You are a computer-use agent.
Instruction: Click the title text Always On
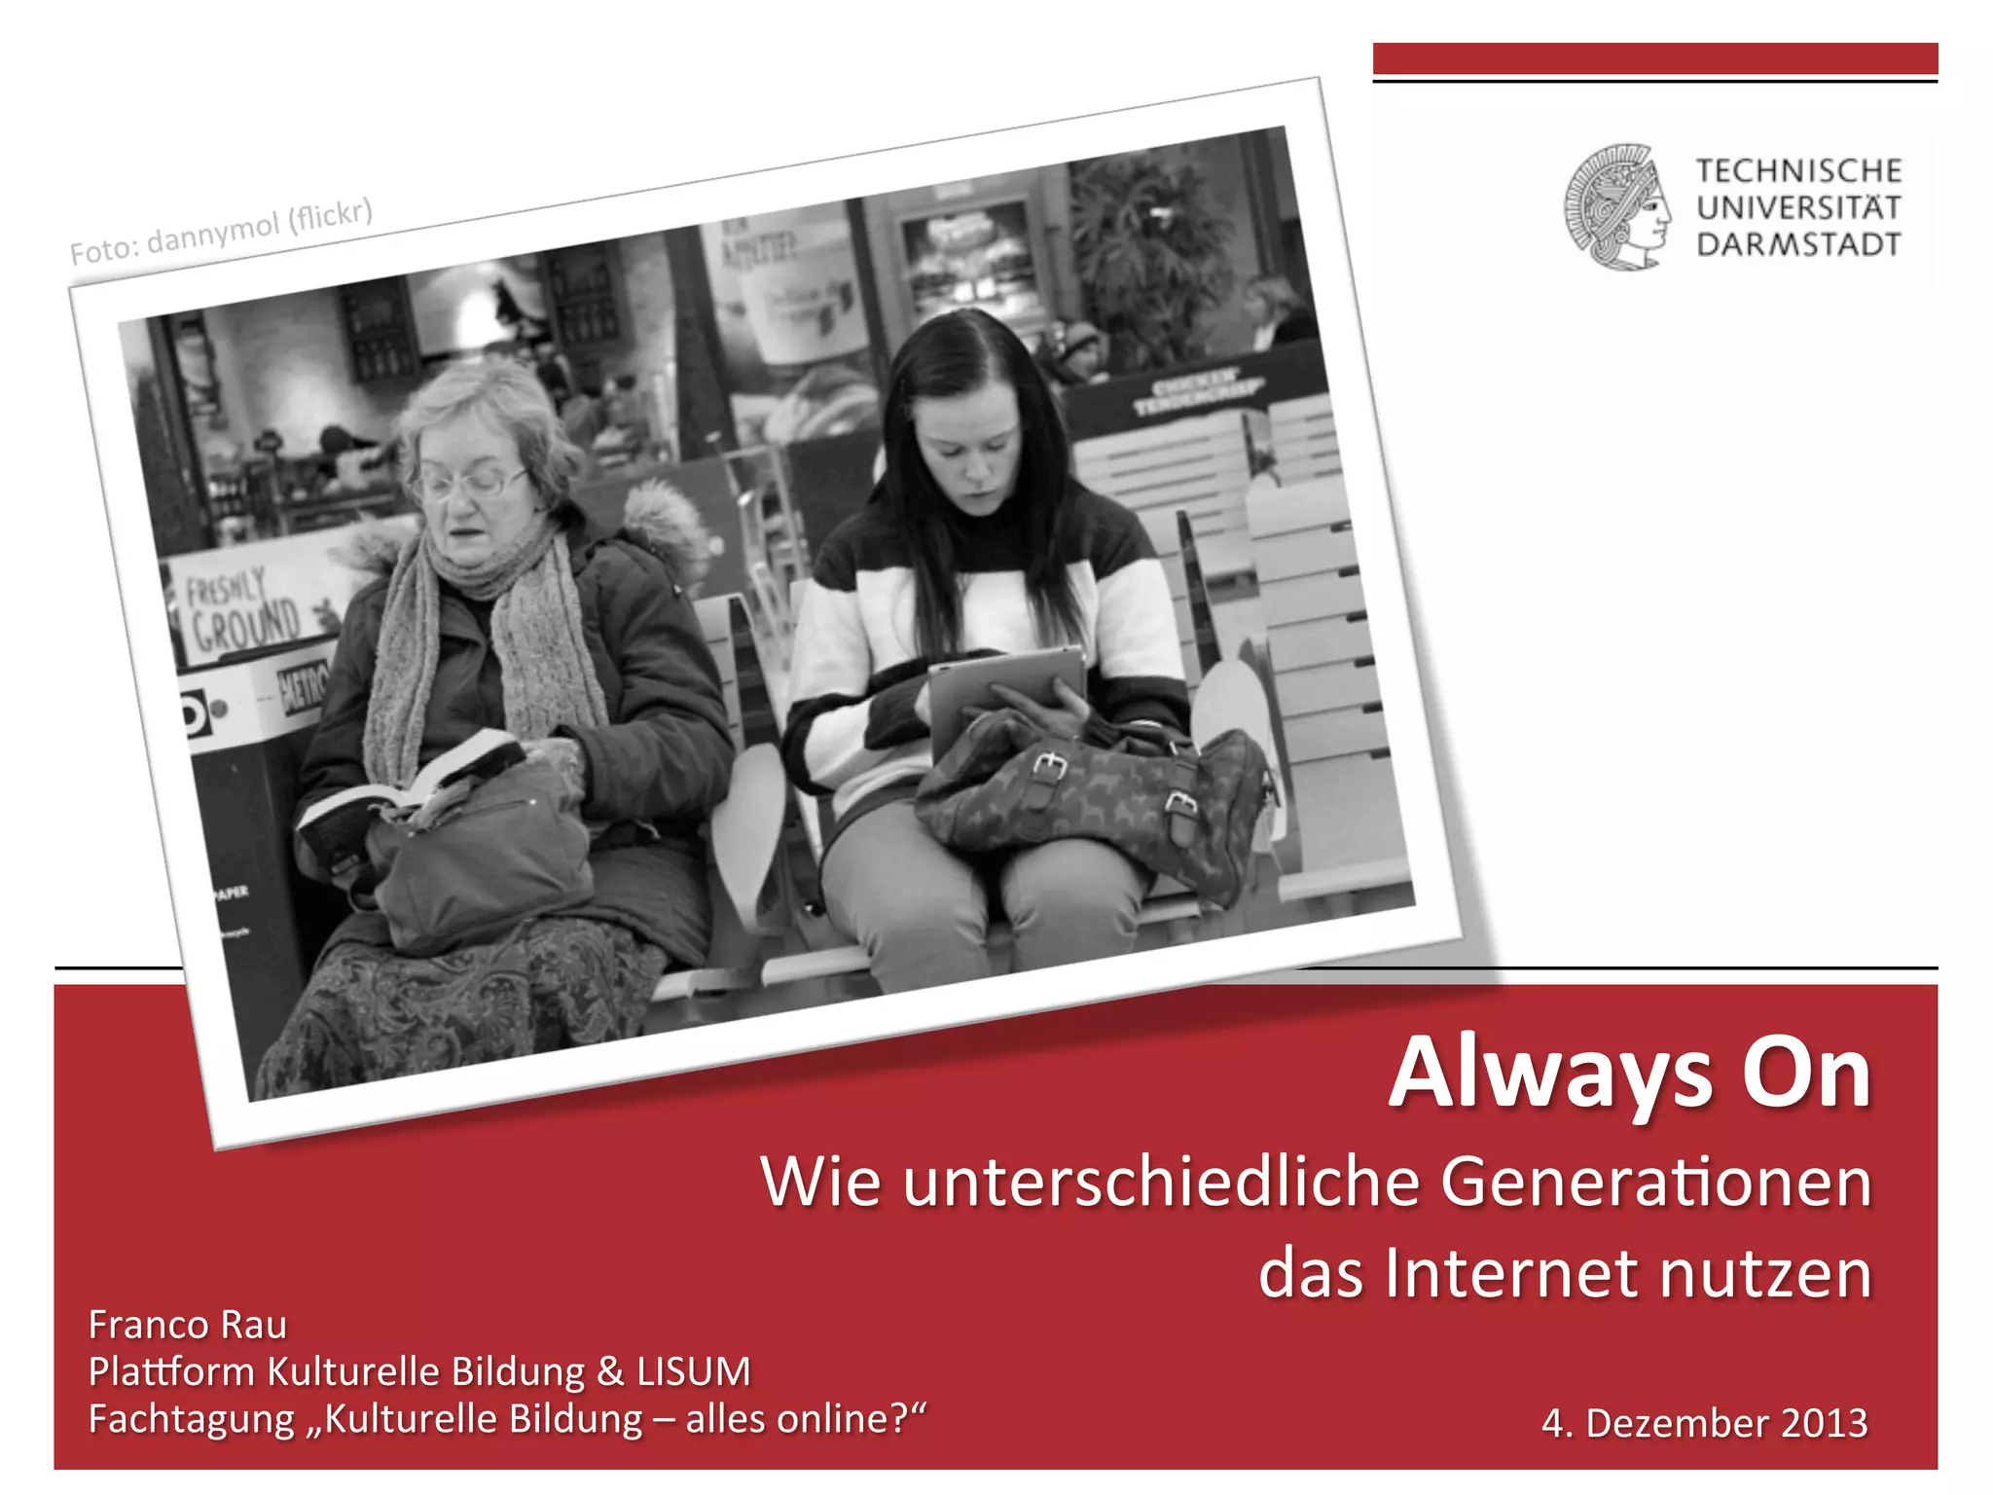click(x=1630, y=1074)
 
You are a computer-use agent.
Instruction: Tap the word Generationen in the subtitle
click(x=1655, y=1183)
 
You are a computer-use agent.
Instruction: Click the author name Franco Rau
click(x=188, y=1325)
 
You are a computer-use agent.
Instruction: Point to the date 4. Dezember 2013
click(x=1704, y=1423)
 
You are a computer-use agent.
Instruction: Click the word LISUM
click(x=694, y=1371)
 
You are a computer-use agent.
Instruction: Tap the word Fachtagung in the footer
click(x=191, y=1419)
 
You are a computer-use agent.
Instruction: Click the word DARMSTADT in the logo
click(x=1798, y=244)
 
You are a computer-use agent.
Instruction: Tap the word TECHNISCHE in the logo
click(x=1798, y=170)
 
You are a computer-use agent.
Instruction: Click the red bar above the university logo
click(x=1654, y=58)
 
